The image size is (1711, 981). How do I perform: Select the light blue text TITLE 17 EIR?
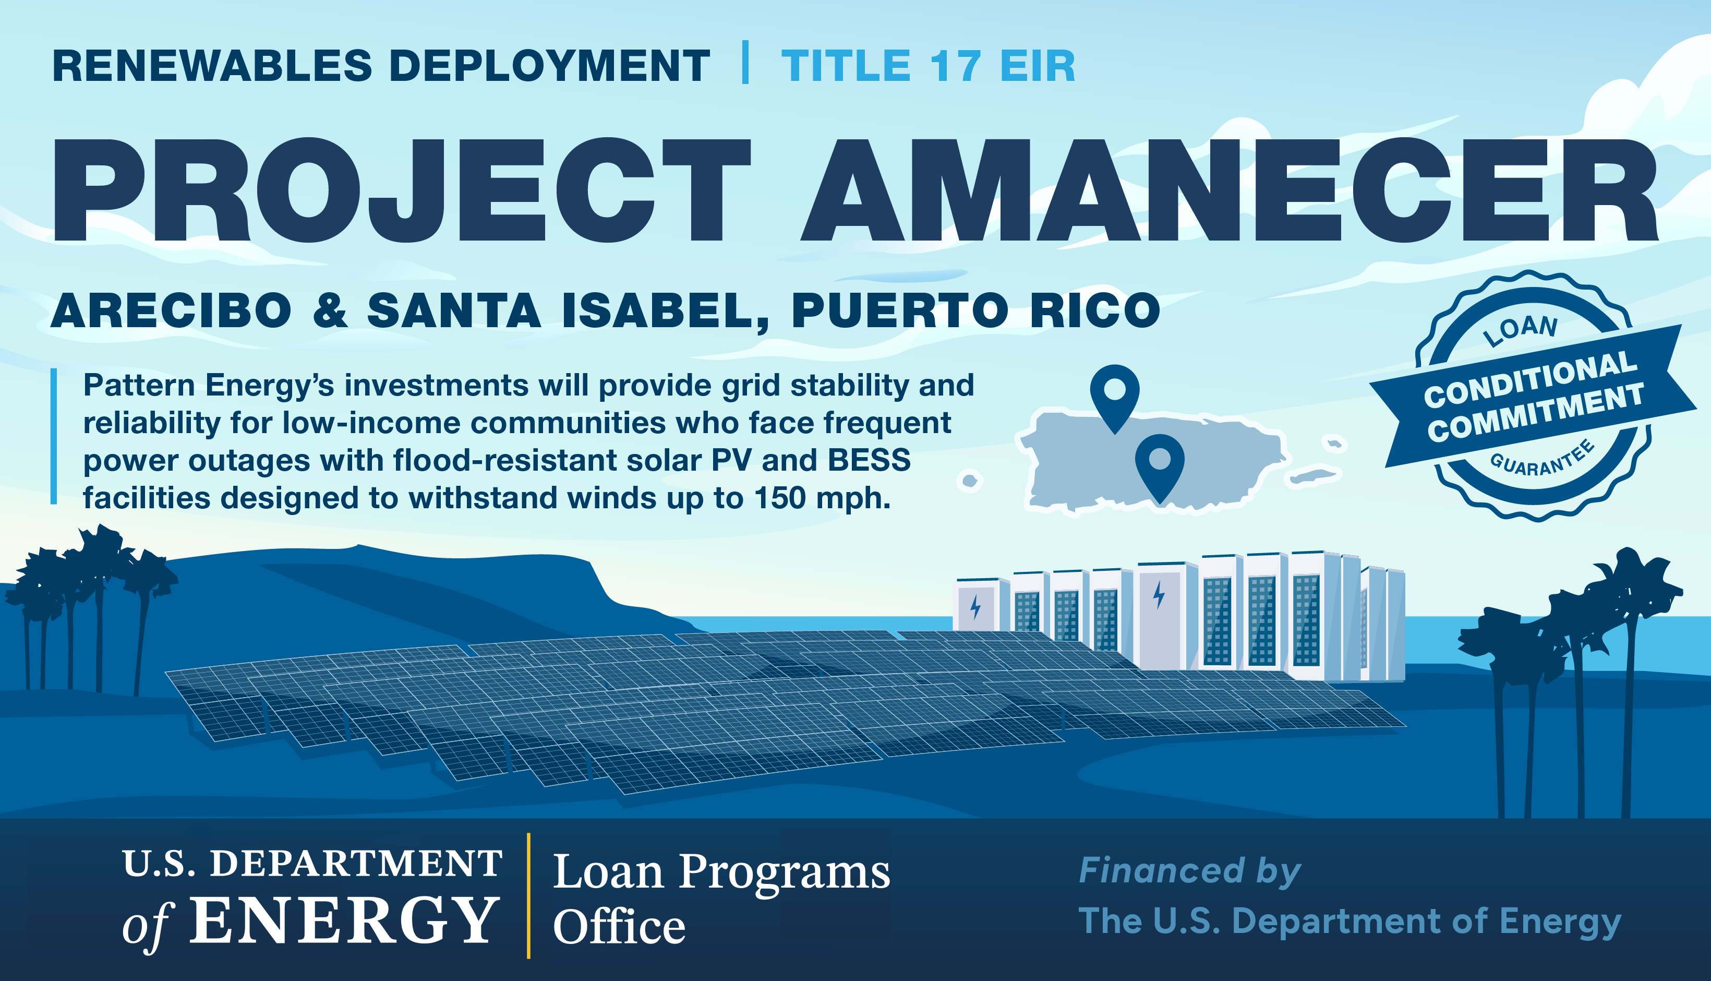[x=929, y=66]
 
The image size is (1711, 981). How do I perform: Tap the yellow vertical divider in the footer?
[x=528, y=895]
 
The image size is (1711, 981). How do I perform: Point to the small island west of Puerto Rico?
[x=970, y=481]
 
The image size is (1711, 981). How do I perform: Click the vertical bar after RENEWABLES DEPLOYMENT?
[x=745, y=62]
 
